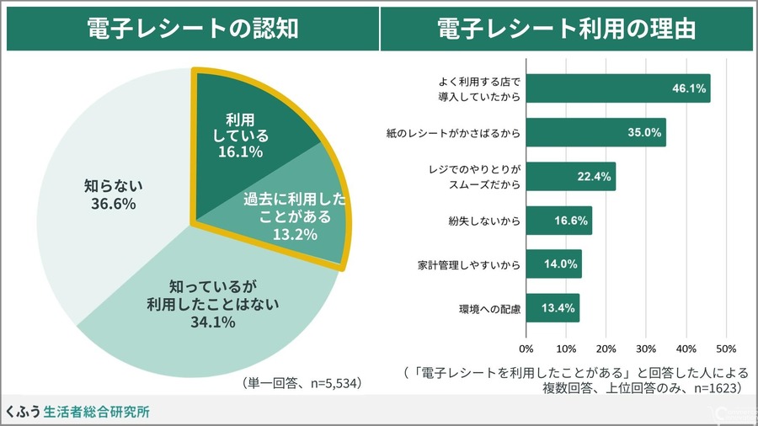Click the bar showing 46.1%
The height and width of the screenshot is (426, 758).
pos(617,88)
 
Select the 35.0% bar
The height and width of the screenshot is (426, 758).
pos(595,132)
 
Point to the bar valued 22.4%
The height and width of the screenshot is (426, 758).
pos(570,177)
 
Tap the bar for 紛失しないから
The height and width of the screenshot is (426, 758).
pos(558,221)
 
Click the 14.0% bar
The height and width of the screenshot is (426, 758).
pos(553,264)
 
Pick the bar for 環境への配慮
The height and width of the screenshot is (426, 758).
pos(552,308)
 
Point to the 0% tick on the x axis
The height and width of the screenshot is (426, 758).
pos(526,348)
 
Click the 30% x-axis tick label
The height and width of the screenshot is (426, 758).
pos(645,348)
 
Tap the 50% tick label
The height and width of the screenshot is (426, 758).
pos(725,348)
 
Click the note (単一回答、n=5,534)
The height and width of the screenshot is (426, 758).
pos(302,383)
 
